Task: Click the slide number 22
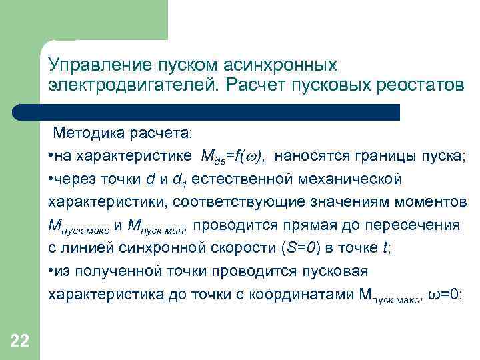pyautogui.click(x=20, y=342)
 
